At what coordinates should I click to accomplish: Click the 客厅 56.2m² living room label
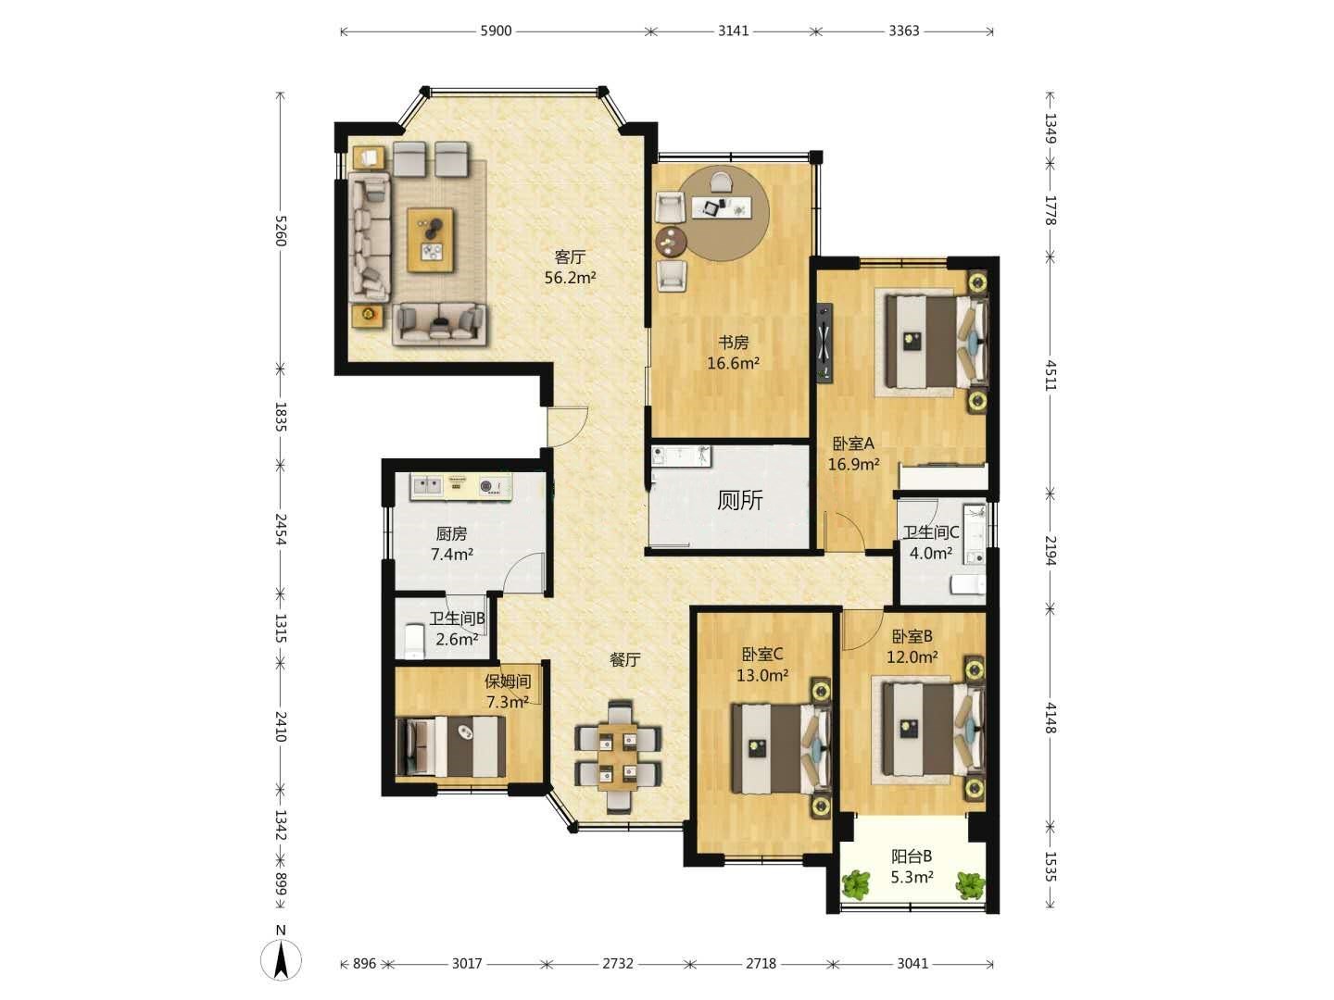click(570, 268)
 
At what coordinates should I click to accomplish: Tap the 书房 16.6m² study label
click(733, 353)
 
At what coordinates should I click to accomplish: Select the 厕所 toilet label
click(739, 500)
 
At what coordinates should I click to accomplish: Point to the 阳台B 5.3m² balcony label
click(912, 867)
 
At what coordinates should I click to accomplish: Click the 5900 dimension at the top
click(496, 31)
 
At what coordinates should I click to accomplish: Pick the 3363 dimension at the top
click(904, 31)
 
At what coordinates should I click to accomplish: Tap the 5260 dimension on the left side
click(280, 231)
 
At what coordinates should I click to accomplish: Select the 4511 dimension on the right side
click(1051, 375)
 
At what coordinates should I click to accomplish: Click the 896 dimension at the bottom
click(364, 964)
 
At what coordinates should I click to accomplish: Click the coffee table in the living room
click(431, 240)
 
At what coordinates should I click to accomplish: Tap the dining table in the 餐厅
click(618, 756)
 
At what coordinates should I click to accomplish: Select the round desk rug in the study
click(724, 213)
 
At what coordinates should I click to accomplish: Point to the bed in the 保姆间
click(450, 747)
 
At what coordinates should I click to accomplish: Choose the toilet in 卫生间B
click(414, 639)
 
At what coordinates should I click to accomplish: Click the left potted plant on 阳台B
click(856, 885)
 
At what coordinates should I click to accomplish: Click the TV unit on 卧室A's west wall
click(824, 343)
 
